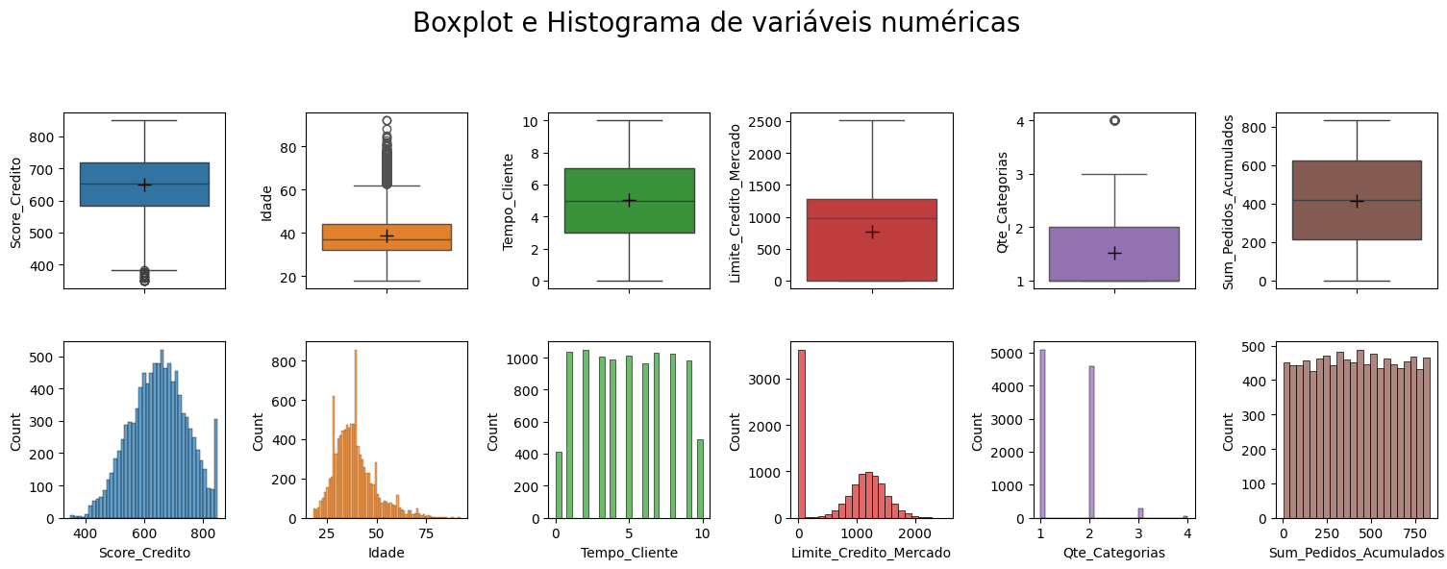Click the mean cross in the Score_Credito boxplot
tap(144, 185)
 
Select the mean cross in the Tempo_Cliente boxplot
tap(629, 200)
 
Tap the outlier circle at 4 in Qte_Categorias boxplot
tap(1114, 120)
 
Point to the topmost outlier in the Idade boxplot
tap(387, 121)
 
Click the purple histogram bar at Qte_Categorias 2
tap(1090, 442)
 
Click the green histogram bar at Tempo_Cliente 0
tap(559, 485)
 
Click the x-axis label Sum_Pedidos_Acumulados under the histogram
tap(1356, 554)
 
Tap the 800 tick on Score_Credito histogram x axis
tap(203, 532)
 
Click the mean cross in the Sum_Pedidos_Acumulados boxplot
tap(1357, 201)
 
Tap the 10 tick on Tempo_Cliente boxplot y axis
tap(530, 121)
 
